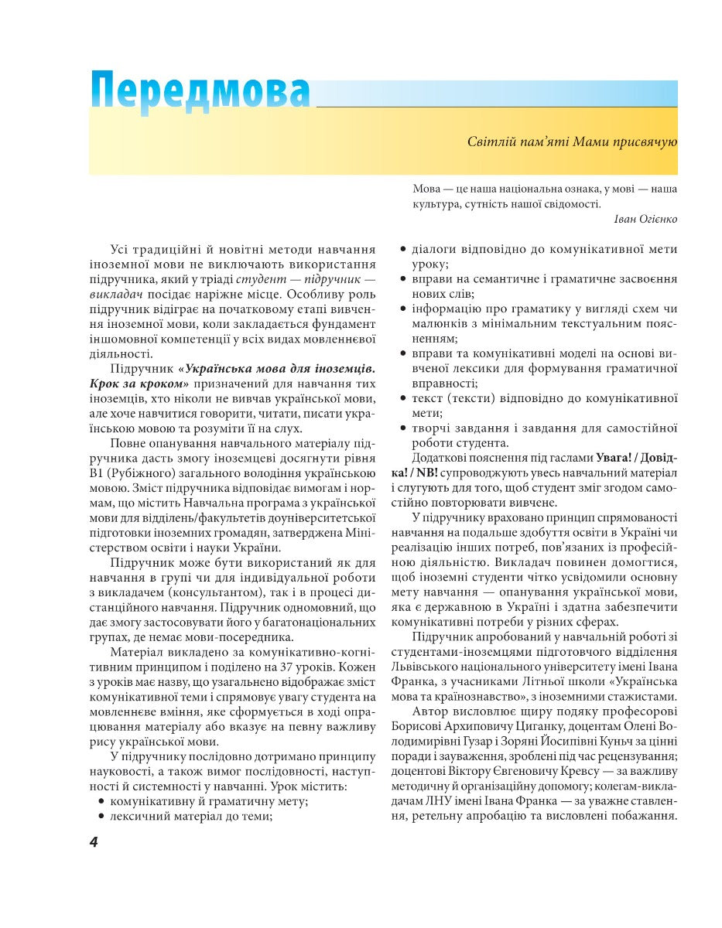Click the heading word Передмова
[x=200, y=94]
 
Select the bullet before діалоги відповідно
[x=402, y=250]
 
